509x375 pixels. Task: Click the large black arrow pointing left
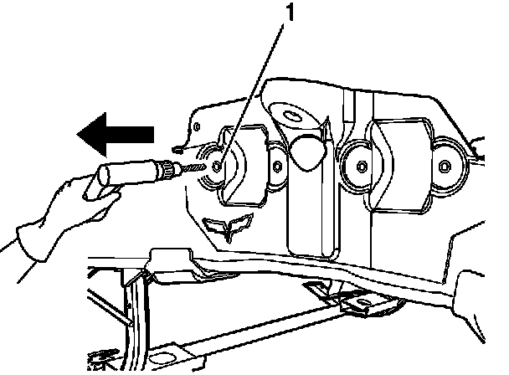tap(115, 132)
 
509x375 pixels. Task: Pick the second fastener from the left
tap(277, 164)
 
